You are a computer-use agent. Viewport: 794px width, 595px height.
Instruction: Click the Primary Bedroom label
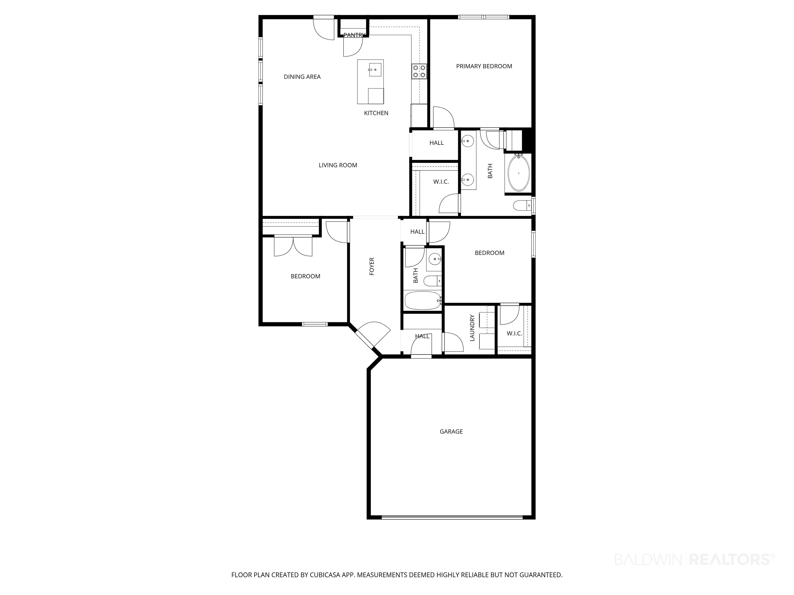point(484,66)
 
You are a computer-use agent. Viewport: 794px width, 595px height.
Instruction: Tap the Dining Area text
point(302,77)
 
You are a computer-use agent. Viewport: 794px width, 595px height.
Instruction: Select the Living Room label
point(338,165)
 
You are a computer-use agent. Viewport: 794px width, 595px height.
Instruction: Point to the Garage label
point(451,432)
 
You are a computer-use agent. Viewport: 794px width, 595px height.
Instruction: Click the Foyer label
point(372,266)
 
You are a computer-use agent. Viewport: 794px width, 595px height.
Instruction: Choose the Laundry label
point(472,328)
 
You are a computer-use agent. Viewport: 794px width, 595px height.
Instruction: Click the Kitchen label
point(376,113)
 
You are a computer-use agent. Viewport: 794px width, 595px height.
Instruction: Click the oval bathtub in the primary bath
point(519,173)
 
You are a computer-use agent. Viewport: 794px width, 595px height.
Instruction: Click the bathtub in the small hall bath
point(423,301)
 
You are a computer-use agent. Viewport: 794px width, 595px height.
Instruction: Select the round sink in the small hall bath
point(435,259)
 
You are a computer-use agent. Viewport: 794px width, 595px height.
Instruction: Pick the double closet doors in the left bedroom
point(293,246)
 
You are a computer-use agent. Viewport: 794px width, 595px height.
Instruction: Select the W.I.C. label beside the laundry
point(514,334)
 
